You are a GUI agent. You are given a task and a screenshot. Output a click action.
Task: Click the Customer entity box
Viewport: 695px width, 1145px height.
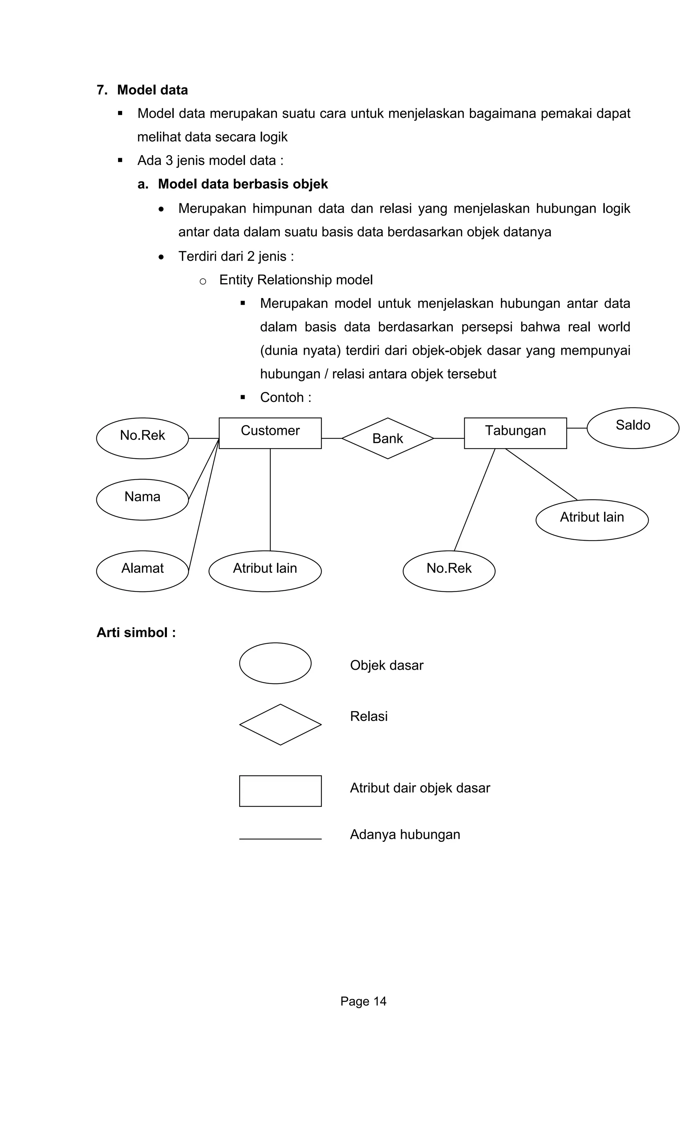pyautogui.click(x=270, y=433)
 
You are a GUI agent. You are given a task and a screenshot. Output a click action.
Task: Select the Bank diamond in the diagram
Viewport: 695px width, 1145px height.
pyautogui.click(x=388, y=438)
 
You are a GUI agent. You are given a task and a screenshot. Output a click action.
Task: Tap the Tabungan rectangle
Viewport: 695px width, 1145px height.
pyautogui.click(x=515, y=433)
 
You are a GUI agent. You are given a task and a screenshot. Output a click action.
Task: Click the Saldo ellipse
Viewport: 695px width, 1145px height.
pyautogui.click(x=633, y=428)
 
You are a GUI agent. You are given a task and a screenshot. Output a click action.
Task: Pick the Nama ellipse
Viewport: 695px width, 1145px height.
pyautogui.click(x=142, y=500)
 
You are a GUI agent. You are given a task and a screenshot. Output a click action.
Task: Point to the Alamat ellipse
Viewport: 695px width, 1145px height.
pyautogui.click(x=142, y=571)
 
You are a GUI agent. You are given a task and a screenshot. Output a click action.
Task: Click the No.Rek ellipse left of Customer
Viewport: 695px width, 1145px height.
pyautogui.click(x=142, y=438)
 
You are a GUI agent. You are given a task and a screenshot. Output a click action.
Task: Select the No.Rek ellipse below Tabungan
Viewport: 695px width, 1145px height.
pyautogui.click(x=449, y=571)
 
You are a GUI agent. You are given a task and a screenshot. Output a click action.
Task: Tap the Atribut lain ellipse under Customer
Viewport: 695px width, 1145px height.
pyautogui.click(x=265, y=571)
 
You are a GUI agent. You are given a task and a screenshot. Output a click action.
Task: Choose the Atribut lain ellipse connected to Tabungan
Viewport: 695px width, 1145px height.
pyautogui.click(x=592, y=520)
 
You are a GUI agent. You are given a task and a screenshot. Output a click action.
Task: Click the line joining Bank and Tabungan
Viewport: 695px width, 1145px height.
pyautogui.click(x=449, y=438)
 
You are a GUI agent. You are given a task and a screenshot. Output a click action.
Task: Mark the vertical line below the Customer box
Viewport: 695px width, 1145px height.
pyautogui.click(x=270, y=500)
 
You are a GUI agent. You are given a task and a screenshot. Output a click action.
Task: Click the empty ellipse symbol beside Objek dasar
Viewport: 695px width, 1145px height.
pyautogui.click(x=275, y=663)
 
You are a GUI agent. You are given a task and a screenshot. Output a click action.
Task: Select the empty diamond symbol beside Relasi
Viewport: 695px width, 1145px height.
pyautogui.click(x=280, y=724)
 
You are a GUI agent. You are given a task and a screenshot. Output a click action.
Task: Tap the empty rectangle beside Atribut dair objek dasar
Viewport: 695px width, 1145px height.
pyautogui.click(x=280, y=791)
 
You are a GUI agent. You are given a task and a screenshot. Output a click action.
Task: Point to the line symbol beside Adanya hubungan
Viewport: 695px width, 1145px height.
pyautogui.click(x=280, y=839)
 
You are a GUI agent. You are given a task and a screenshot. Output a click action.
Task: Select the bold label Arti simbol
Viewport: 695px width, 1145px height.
pyautogui.click(x=136, y=632)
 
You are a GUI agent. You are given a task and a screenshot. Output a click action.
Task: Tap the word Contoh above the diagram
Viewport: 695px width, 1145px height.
pyautogui.click(x=282, y=397)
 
